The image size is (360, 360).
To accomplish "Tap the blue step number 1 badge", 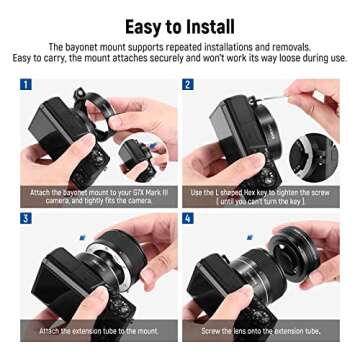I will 26,85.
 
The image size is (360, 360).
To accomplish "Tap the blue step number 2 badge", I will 188,85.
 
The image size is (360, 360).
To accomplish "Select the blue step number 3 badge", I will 26,218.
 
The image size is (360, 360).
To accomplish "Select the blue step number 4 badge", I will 188,218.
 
